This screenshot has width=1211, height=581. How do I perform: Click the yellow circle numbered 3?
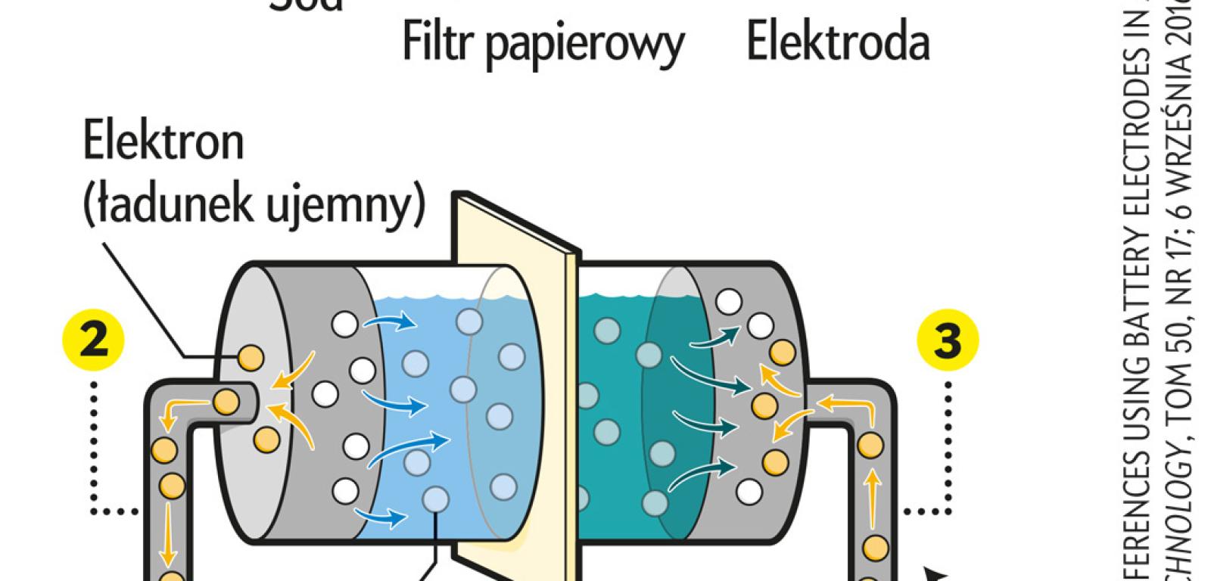948,342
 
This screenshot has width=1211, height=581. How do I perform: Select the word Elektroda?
838,43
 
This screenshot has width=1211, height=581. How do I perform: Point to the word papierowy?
584,45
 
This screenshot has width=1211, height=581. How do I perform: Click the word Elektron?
163,142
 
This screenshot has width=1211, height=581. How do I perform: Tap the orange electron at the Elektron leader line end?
251,356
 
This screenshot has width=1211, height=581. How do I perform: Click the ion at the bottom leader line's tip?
435,499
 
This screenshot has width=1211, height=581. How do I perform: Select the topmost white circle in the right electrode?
729,302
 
